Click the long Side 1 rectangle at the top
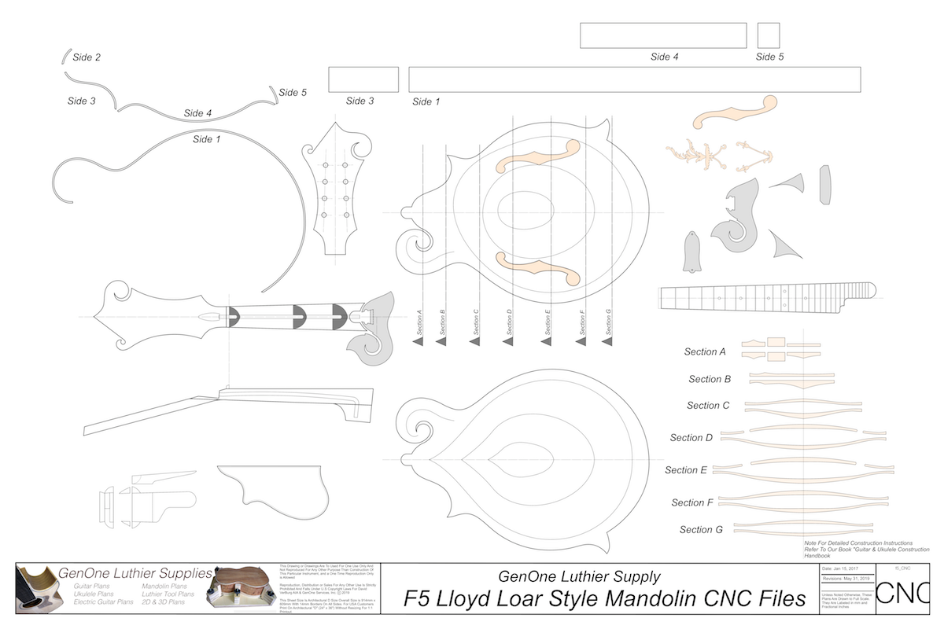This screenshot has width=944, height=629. [x=634, y=80]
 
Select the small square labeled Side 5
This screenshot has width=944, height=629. [x=768, y=35]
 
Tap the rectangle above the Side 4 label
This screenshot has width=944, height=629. [x=663, y=35]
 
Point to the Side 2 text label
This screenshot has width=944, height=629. [x=86, y=57]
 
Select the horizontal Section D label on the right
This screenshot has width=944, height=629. [x=691, y=437]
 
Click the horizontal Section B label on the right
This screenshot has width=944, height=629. [x=705, y=379]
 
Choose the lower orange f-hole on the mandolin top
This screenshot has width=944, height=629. [x=539, y=268]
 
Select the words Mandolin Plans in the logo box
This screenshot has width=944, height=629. [x=164, y=587]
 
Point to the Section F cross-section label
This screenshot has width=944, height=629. [x=692, y=502]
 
